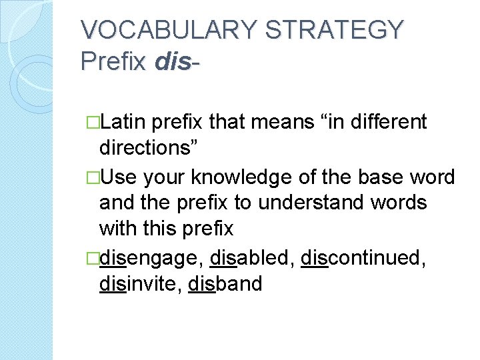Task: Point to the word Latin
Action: pos(126,122)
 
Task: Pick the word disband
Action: pos(225,284)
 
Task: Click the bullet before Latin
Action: pos(93,123)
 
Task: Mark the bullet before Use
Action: pos(93,177)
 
